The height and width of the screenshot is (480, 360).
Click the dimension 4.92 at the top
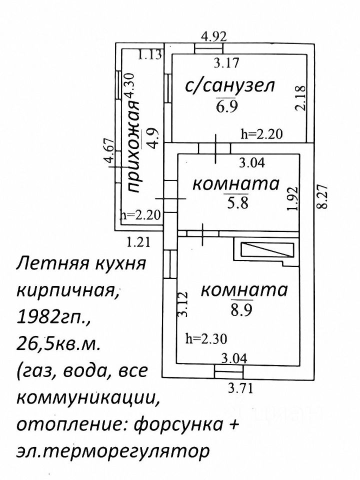coord(214,36)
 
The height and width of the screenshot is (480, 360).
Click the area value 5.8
coord(235,203)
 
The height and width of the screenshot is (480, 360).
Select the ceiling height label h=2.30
coord(205,339)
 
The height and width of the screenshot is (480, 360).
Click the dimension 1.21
coord(138,243)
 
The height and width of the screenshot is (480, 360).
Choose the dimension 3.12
coord(183,304)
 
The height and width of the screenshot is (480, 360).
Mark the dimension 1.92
coord(294,198)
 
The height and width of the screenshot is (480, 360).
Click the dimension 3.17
coord(226,63)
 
